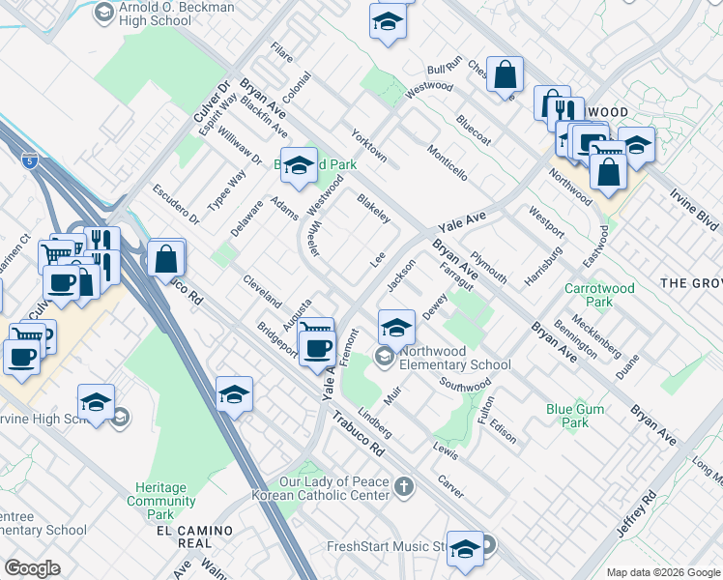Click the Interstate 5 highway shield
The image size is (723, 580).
(x=32, y=161)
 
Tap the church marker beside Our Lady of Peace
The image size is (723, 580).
(x=403, y=487)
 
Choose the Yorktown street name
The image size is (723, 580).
(x=368, y=145)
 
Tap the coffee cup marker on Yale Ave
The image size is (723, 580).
(x=317, y=349)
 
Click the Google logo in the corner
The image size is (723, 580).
(x=31, y=567)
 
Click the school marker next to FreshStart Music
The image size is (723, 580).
(x=465, y=548)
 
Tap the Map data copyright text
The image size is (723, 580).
(x=661, y=572)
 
